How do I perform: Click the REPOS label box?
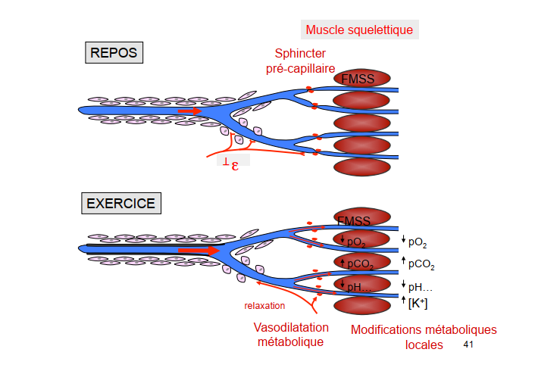tap(113, 52)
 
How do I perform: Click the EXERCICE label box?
tap(120, 204)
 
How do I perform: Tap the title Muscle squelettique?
tap(359, 30)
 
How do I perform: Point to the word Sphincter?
tap(301, 54)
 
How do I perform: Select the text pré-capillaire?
tap(301, 68)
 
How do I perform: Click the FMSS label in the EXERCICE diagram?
tap(354, 222)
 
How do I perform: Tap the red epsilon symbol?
tap(235, 163)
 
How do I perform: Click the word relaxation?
tap(264, 306)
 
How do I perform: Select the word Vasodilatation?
tap(291, 327)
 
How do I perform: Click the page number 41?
tap(468, 345)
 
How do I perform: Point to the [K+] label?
tap(418, 303)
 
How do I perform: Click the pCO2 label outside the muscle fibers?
tap(421, 264)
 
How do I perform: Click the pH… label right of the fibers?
tap(421, 286)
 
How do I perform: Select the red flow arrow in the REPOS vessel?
tap(190, 111)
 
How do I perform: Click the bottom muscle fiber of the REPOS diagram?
tap(361, 167)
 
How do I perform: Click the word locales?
tap(424, 345)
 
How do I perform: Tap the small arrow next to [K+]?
tap(403, 302)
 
